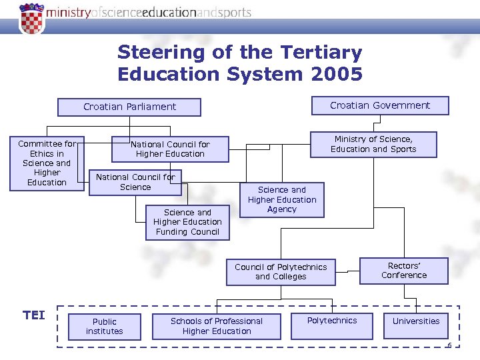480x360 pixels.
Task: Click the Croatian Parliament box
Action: point(129,107)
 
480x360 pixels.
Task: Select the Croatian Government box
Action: point(380,105)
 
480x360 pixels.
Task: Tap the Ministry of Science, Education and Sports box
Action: point(373,144)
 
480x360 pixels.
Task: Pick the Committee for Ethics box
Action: point(47,163)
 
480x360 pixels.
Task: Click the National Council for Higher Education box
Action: point(170,149)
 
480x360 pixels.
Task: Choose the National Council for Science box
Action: point(135,182)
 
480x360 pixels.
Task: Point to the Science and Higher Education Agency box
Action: point(282,199)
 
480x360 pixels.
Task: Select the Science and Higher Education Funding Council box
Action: point(187,222)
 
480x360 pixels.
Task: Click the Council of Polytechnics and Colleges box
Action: point(281,271)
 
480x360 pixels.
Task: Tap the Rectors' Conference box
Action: point(404,270)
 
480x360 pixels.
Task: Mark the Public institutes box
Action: point(105,326)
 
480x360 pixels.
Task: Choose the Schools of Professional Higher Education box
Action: point(217,326)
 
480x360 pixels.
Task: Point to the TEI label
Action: point(34,315)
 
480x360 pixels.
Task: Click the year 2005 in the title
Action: point(337,74)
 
